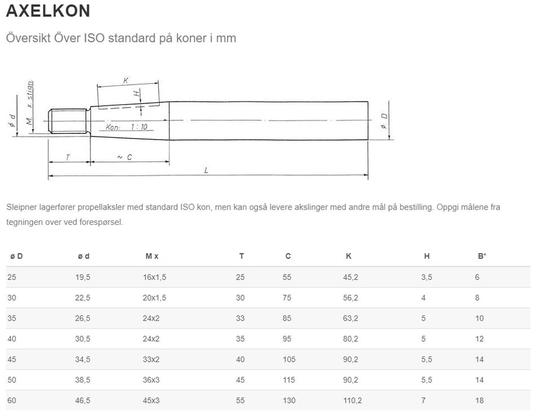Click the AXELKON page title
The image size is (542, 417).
point(48,11)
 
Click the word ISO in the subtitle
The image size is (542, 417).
point(94,38)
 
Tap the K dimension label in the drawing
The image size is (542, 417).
point(126,81)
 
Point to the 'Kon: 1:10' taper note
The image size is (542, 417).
point(126,127)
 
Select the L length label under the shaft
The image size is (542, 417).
point(206,170)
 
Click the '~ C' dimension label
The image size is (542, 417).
point(124,157)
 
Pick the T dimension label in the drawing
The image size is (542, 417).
point(68,158)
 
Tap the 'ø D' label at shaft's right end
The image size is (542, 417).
point(384,121)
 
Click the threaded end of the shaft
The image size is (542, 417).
point(68,121)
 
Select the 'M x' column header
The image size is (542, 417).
point(152,256)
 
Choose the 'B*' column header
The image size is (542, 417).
point(482,256)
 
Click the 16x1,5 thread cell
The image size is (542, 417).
point(155,277)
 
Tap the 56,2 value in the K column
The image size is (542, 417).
point(351,298)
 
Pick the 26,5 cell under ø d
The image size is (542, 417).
point(82,318)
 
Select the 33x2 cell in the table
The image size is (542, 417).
point(151,359)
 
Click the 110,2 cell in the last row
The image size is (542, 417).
point(352,401)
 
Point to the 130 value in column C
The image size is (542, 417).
point(289,401)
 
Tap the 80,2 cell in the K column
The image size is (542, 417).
point(351,339)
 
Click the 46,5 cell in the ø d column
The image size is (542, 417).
point(82,401)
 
